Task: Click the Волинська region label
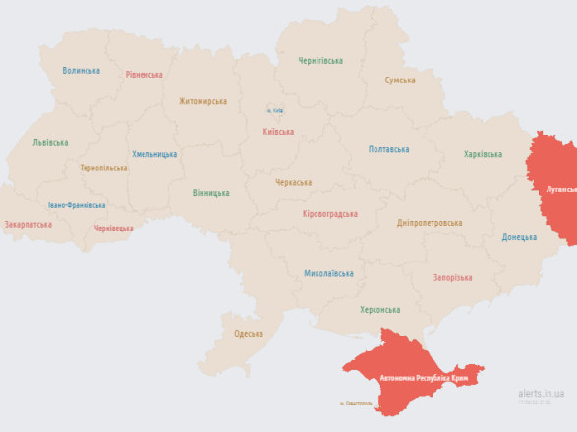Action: click(x=81, y=71)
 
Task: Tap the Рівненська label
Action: click(x=145, y=75)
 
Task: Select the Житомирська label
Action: click(x=202, y=101)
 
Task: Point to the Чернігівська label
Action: click(x=320, y=61)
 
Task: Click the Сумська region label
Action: click(x=400, y=81)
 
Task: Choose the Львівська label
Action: click(x=50, y=142)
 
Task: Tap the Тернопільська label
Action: click(x=104, y=168)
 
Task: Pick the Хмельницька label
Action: click(x=154, y=154)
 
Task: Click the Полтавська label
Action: click(x=388, y=149)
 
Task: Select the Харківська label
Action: click(x=483, y=154)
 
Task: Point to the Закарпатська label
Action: click(x=29, y=224)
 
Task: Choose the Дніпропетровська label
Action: click(x=430, y=223)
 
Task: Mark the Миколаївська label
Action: click(x=328, y=273)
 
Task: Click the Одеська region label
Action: click(x=248, y=334)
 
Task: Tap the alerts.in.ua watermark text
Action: click(x=542, y=392)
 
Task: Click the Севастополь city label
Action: click(x=356, y=403)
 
